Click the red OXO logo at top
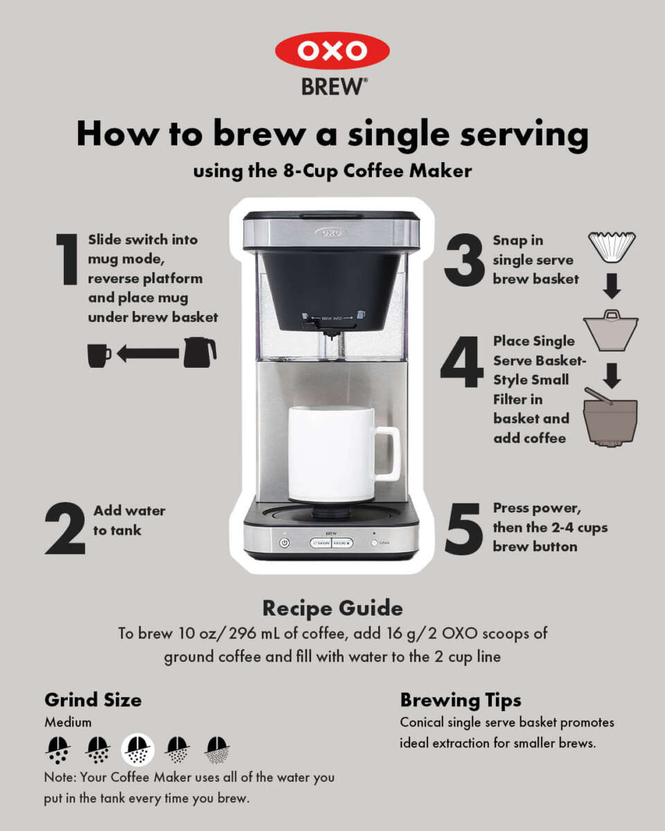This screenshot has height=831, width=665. click(x=332, y=51)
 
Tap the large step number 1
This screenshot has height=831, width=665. click(x=68, y=259)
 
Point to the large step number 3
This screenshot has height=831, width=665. click(x=463, y=260)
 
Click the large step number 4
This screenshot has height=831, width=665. click(x=462, y=361)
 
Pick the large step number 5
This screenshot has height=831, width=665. click(x=463, y=529)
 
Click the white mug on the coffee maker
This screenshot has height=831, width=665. click(x=331, y=453)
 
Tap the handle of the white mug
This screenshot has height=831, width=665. click(x=387, y=454)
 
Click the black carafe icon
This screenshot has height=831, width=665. click(x=199, y=352)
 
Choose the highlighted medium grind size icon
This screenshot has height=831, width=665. click(x=138, y=749)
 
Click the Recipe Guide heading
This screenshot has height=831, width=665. click(x=332, y=609)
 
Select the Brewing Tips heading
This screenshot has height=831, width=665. click(x=461, y=699)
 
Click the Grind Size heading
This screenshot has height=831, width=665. click(x=93, y=699)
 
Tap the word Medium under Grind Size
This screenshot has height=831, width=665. click(x=68, y=722)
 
